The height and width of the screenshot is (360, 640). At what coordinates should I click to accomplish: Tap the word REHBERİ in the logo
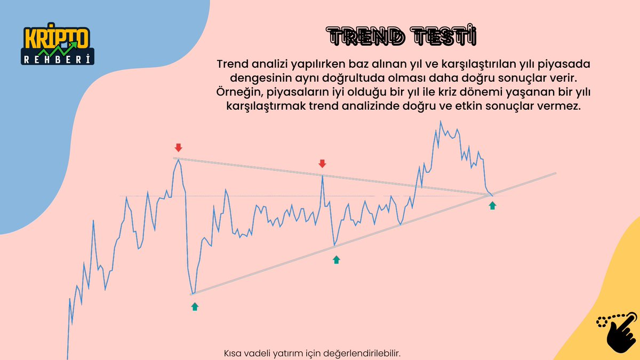point(58,59)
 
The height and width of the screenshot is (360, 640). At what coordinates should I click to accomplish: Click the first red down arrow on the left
point(178,147)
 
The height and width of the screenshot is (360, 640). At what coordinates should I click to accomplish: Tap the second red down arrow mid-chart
point(322,163)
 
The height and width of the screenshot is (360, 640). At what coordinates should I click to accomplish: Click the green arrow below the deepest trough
point(195,306)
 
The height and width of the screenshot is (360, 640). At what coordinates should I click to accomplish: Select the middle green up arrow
point(336,260)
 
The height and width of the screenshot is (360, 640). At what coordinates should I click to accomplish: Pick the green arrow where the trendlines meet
point(492,205)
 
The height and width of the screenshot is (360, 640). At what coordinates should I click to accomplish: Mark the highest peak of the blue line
point(441,122)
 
